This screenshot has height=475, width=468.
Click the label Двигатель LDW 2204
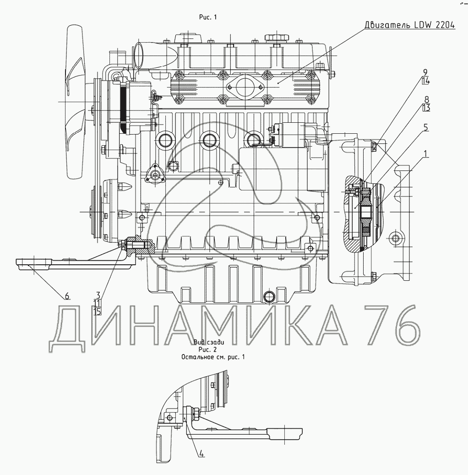[409, 25]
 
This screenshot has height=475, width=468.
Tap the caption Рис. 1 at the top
[208, 17]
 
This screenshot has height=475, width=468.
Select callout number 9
[425, 72]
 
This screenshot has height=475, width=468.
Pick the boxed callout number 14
[425, 81]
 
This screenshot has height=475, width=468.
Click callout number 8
[426, 99]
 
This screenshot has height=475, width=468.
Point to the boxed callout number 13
[426, 108]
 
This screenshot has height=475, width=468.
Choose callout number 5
[426, 127]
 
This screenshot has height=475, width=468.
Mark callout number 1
[426, 154]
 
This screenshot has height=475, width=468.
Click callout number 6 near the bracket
[67, 295]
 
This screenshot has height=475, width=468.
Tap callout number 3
[98, 295]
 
